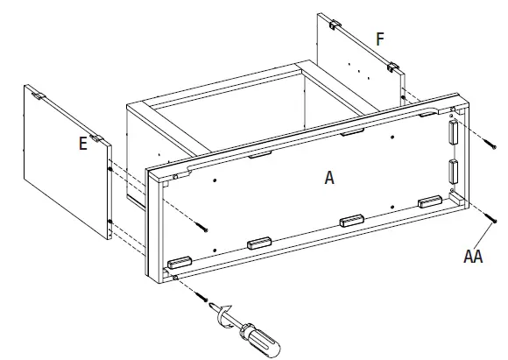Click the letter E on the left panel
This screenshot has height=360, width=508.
pyautogui.click(x=82, y=144)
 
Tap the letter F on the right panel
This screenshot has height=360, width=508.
pyautogui.click(x=379, y=39)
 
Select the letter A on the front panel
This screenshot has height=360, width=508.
pyautogui.click(x=329, y=177)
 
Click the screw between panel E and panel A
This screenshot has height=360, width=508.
pyautogui.click(x=204, y=228)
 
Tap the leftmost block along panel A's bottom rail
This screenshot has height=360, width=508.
pyautogui.click(x=179, y=261)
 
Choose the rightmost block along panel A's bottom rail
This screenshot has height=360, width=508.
pyautogui.click(x=429, y=202)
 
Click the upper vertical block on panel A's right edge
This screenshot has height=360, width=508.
pyautogui.click(x=453, y=132)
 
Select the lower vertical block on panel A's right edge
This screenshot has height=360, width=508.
pyautogui.click(x=454, y=171)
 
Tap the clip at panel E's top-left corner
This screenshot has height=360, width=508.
pyautogui.click(x=38, y=91)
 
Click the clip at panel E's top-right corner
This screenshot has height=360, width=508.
pyautogui.click(x=100, y=138)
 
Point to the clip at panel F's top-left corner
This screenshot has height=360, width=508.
pyautogui.click(x=334, y=24)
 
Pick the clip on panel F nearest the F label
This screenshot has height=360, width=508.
pyautogui.click(x=394, y=67)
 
